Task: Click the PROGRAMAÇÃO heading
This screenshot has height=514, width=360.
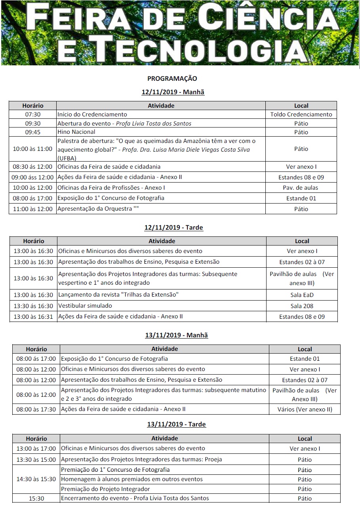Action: [x=172, y=78]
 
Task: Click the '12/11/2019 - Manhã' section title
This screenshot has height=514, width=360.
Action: [x=173, y=92]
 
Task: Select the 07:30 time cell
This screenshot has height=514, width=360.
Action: [x=32, y=114]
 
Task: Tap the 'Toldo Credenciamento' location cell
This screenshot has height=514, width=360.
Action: [x=301, y=114]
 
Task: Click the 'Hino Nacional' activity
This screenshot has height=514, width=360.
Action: [x=76, y=132]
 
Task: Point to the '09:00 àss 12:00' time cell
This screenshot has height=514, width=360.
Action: [x=32, y=177]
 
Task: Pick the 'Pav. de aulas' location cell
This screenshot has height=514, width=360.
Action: [x=301, y=188]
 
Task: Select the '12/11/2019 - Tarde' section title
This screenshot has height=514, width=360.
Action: [x=174, y=228]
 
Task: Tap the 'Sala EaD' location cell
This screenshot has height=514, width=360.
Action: [x=302, y=295]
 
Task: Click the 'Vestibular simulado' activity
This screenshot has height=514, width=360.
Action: [x=85, y=306]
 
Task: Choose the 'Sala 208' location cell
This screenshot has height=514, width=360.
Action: [x=302, y=306]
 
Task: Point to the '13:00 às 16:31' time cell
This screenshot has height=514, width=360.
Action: [x=33, y=317]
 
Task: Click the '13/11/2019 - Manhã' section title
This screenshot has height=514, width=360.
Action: [x=176, y=335]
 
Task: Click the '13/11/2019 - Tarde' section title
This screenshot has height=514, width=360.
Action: [x=176, y=425]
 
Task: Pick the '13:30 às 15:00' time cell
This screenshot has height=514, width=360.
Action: [x=36, y=460]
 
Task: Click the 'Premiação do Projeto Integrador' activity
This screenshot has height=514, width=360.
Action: [x=105, y=489]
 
